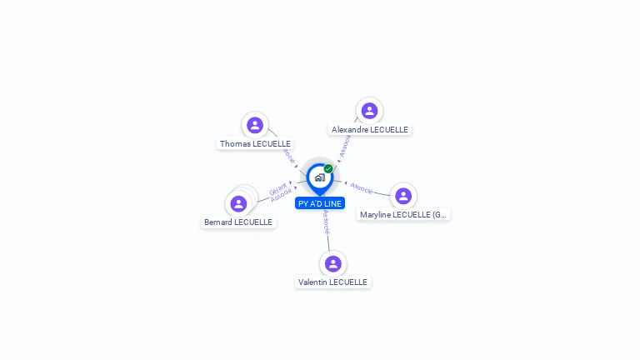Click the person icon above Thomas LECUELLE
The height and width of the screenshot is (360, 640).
pos(255,125)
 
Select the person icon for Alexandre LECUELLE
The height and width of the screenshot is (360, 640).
pos(369,111)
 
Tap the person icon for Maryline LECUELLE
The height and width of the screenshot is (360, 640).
pos(403,196)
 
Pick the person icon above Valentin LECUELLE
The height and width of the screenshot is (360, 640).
pos(333,263)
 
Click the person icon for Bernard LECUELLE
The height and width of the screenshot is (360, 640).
pos(239,204)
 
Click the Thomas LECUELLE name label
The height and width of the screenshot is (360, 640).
pos(255,143)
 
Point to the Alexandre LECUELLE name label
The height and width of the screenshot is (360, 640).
pos(369,129)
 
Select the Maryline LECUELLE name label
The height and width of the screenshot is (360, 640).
pos(403,214)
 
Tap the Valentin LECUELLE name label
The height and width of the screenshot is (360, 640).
pos(332,282)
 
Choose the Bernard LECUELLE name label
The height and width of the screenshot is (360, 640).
pos(238,222)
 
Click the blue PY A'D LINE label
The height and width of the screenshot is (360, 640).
pos(320,203)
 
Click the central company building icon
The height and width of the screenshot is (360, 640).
pos(319,177)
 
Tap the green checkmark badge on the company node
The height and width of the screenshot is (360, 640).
pos(328,168)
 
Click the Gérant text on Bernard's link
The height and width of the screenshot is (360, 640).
pos(277,187)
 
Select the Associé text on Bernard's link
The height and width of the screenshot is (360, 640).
pos(281,195)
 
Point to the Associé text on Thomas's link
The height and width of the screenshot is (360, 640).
pos(289,155)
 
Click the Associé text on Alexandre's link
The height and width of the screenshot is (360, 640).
pos(345,146)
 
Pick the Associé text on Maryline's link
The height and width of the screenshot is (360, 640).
pos(362,188)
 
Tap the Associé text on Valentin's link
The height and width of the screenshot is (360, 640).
pos(327,222)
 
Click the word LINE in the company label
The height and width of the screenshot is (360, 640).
pos(332,203)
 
